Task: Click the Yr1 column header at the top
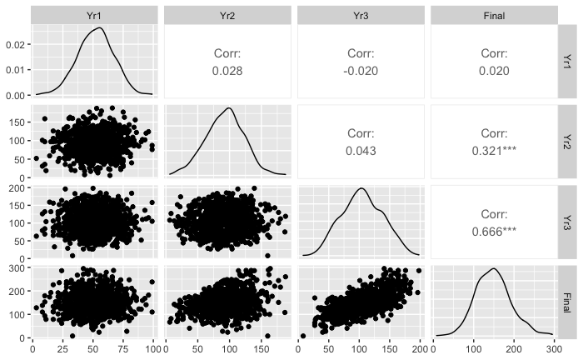coord(93,15)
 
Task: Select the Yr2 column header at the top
coord(227,15)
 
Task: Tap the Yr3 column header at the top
coord(360,15)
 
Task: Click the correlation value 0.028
coord(227,70)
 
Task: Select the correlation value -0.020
coord(360,70)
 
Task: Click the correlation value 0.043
coord(360,152)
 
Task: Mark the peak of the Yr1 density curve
coord(99,27)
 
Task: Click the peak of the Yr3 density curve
coord(361,188)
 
